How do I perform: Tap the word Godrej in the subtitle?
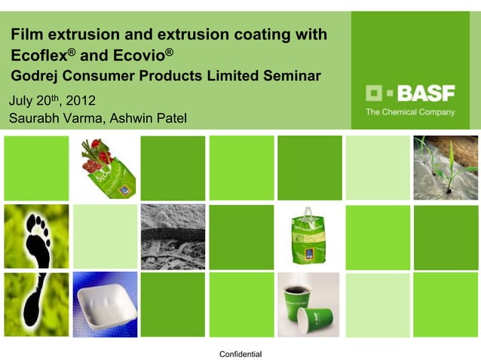(x=35, y=76)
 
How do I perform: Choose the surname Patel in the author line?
(x=169, y=118)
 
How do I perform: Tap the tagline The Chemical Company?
(x=410, y=112)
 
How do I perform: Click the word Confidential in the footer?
(x=240, y=354)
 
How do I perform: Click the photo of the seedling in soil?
(x=446, y=167)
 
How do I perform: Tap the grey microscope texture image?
(x=173, y=236)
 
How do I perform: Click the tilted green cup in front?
(x=318, y=314)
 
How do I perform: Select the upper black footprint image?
(x=35, y=236)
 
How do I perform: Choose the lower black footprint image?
(x=35, y=304)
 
